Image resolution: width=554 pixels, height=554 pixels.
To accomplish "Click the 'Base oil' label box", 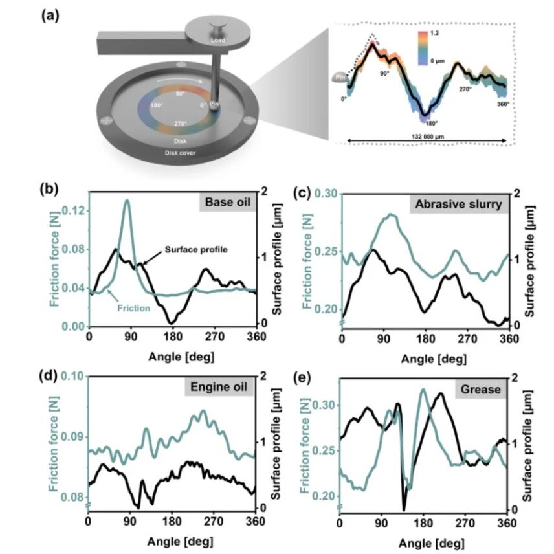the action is [x=228, y=202].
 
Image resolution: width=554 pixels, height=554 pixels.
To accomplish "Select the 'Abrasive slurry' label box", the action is [x=459, y=205].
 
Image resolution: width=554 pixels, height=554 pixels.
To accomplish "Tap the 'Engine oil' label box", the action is [x=219, y=386].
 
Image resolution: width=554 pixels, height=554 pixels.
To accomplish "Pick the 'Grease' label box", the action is [x=480, y=390].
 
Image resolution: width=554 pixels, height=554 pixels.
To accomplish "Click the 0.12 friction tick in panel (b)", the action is [x=73, y=211].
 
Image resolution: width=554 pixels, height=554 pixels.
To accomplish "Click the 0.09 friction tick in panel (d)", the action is [x=73, y=437].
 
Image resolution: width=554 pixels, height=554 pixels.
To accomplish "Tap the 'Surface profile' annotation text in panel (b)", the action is [x=197, y=249].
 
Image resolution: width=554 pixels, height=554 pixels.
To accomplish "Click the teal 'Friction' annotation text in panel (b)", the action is [x=133, y=308].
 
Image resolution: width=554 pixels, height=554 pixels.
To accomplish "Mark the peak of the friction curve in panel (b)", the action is [x=127, y=201].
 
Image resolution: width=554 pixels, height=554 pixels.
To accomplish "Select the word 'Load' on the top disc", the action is [x=218, y=40].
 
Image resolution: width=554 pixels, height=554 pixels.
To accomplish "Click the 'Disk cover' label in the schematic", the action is [x=180, y=153].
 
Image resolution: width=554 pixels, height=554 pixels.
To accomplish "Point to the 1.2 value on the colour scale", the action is [x=434, y=33].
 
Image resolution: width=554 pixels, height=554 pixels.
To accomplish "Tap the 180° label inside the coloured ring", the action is [x=157, y=105].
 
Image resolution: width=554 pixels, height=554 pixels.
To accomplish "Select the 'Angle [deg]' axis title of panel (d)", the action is [x=180, y=541].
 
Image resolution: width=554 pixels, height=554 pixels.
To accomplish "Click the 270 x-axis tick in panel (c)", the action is [x=468, y=339].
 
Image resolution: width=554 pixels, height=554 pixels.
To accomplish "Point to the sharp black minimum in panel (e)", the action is [x=404, y=509].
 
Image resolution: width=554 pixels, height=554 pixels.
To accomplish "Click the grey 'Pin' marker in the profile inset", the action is [x=340, y=78].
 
